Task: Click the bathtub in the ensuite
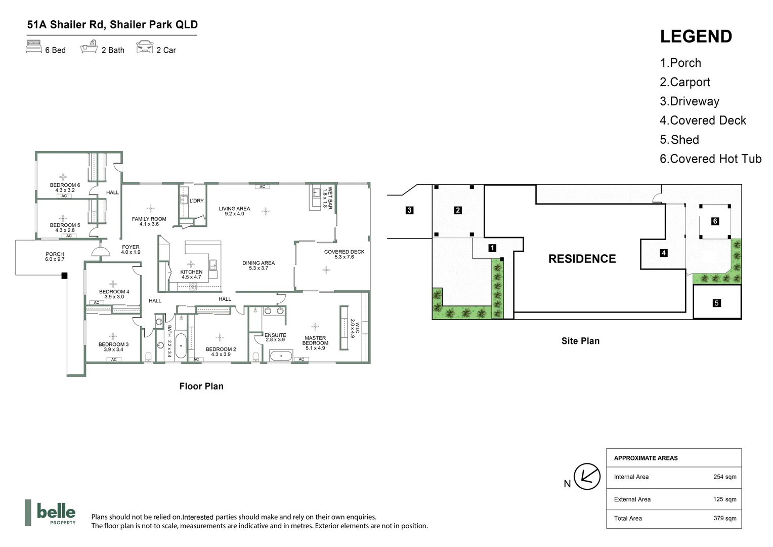tap(281, 356)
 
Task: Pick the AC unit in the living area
tap(262, 186)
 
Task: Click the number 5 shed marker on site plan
tap(716, 303)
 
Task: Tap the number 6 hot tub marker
tap(715, 221)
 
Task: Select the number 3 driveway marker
tap(409, 210)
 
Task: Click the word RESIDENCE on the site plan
tap(582, 259)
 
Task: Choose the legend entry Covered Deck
tap(703, 120)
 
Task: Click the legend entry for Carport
tap(685, 82)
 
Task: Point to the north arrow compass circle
tap(587, 477)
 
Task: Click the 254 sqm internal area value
tap(724, 477)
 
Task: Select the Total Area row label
tap(628, 518)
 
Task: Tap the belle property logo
tap(51, 513)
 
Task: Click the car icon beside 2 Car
tap(145, 47)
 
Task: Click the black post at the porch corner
tap(64, 276)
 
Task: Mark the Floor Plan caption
tap(201, 386)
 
